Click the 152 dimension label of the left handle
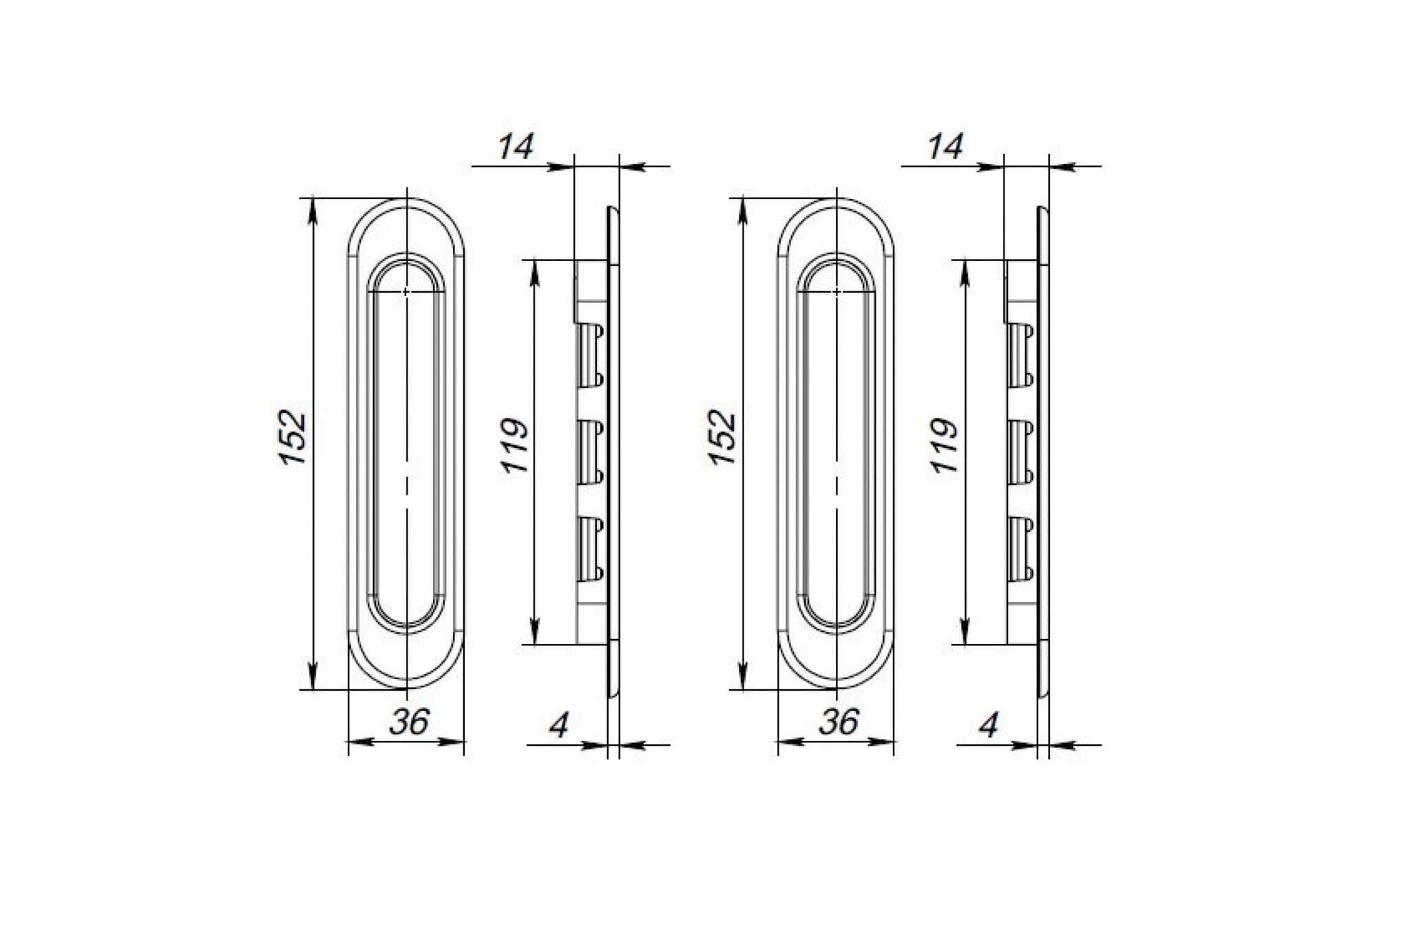(293, 437)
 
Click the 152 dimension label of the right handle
(723, 437)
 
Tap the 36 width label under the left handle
(409, 722)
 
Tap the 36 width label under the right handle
(839, 722)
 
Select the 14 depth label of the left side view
(516, 147)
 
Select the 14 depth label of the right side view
(946, 147)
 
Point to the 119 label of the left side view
(515, 445)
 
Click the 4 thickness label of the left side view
(559, 725)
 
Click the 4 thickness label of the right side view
(989, 725)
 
